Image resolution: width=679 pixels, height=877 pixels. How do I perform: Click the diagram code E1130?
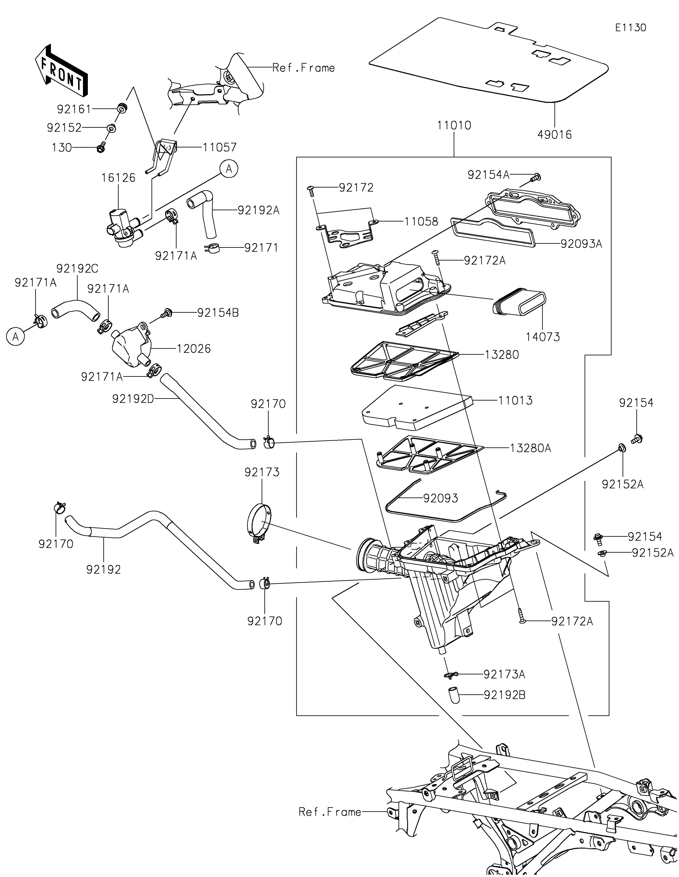tap(630, 28)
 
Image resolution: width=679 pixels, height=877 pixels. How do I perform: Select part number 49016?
tap(554, 134)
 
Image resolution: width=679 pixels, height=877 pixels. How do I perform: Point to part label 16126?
tap(118, 178)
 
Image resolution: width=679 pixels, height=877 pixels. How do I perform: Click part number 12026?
tap(194, 349)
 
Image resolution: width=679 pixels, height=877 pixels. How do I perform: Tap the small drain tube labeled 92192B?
tap(454, 695)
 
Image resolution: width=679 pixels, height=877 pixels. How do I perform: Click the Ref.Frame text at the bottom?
tap(330, 812)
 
